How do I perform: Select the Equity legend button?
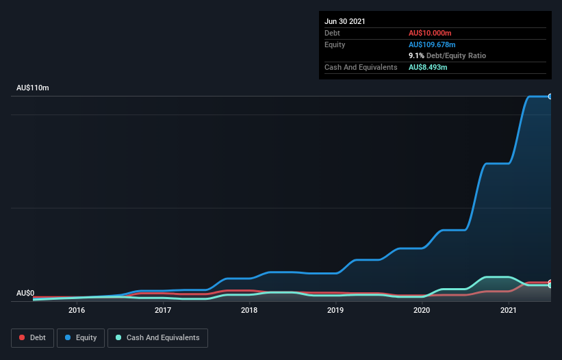[81, 337]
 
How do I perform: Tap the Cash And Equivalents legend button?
[157, 337]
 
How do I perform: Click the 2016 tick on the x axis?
[77, 310]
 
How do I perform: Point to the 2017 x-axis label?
[163, 310]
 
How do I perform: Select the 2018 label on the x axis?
[249, 310]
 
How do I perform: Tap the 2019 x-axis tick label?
[335, 310]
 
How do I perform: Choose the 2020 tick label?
[422, 310]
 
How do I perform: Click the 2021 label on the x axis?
[508, 310]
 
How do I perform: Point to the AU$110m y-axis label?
[33, 88]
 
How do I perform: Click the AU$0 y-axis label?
[25, 293]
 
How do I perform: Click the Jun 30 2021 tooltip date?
[345, 21]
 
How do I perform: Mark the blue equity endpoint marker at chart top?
[550, 97]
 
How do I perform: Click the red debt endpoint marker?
[550, 282]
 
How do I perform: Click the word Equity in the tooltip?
[335, 44]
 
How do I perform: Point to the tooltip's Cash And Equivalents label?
[361, 67]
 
